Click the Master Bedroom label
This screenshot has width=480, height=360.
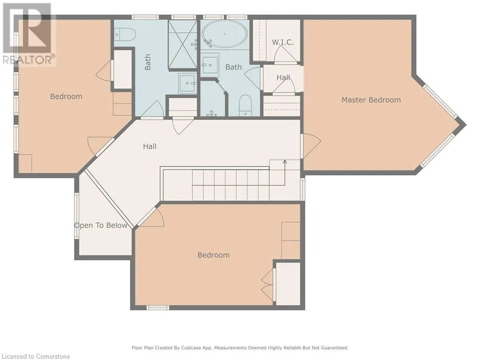371,100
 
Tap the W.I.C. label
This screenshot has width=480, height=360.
283,42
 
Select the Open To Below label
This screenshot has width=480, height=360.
101,225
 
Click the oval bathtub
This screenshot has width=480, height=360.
225,34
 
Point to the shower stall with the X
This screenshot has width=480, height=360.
182,45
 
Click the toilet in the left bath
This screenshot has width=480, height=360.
125,34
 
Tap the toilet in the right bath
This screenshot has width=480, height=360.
245,105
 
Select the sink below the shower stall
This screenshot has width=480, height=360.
187,83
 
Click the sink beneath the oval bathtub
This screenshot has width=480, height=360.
210,65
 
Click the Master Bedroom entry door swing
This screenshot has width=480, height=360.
312,146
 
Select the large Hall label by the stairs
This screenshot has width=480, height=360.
150,146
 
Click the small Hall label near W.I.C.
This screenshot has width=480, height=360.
283,77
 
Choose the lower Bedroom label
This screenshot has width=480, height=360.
213,255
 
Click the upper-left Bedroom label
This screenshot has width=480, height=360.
66,97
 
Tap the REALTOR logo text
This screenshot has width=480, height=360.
29,60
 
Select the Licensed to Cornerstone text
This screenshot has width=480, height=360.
36,356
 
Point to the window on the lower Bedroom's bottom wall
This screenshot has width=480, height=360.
157,307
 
